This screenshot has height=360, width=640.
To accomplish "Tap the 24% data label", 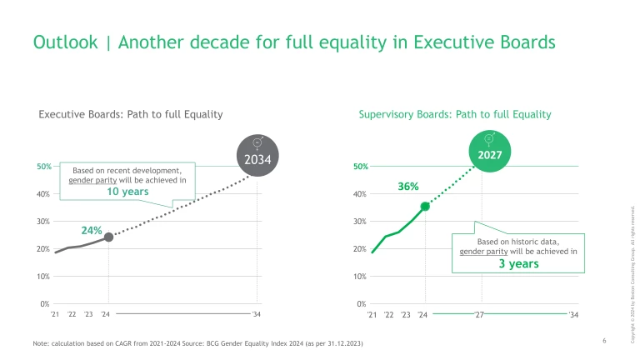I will pyautogui.click(x=91, y=229).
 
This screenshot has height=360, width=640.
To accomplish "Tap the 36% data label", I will pyautogui.click(x=407, y=187).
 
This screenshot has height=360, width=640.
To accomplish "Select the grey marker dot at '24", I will pyautogui.click(x=108, y=237).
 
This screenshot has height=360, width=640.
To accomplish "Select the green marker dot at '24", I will pyautogui.click(x=425, y=206).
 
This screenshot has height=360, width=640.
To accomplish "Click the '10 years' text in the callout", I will pyautogui.click(x=127, y=192).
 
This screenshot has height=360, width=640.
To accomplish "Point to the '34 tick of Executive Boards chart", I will pyautogui.click(x=257, y=315).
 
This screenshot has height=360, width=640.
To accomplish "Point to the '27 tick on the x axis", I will pyautogui.click(x=479, y=315).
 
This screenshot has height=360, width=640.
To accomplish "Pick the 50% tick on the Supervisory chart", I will pyautogui.click(x=361, y=167).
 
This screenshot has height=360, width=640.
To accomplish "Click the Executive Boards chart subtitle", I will pyautogui.click(x=131, y=114).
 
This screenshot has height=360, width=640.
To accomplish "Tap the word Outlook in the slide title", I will pyautogui.click(x=63, y=42).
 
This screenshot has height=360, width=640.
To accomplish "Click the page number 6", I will pyautogui.click(x=603, y=341).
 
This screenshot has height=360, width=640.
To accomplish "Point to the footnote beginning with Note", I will pyautogui.click(x=197, y=344).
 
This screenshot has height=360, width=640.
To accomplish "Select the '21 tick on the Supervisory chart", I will pyautogui.click(x=372, y=315).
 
